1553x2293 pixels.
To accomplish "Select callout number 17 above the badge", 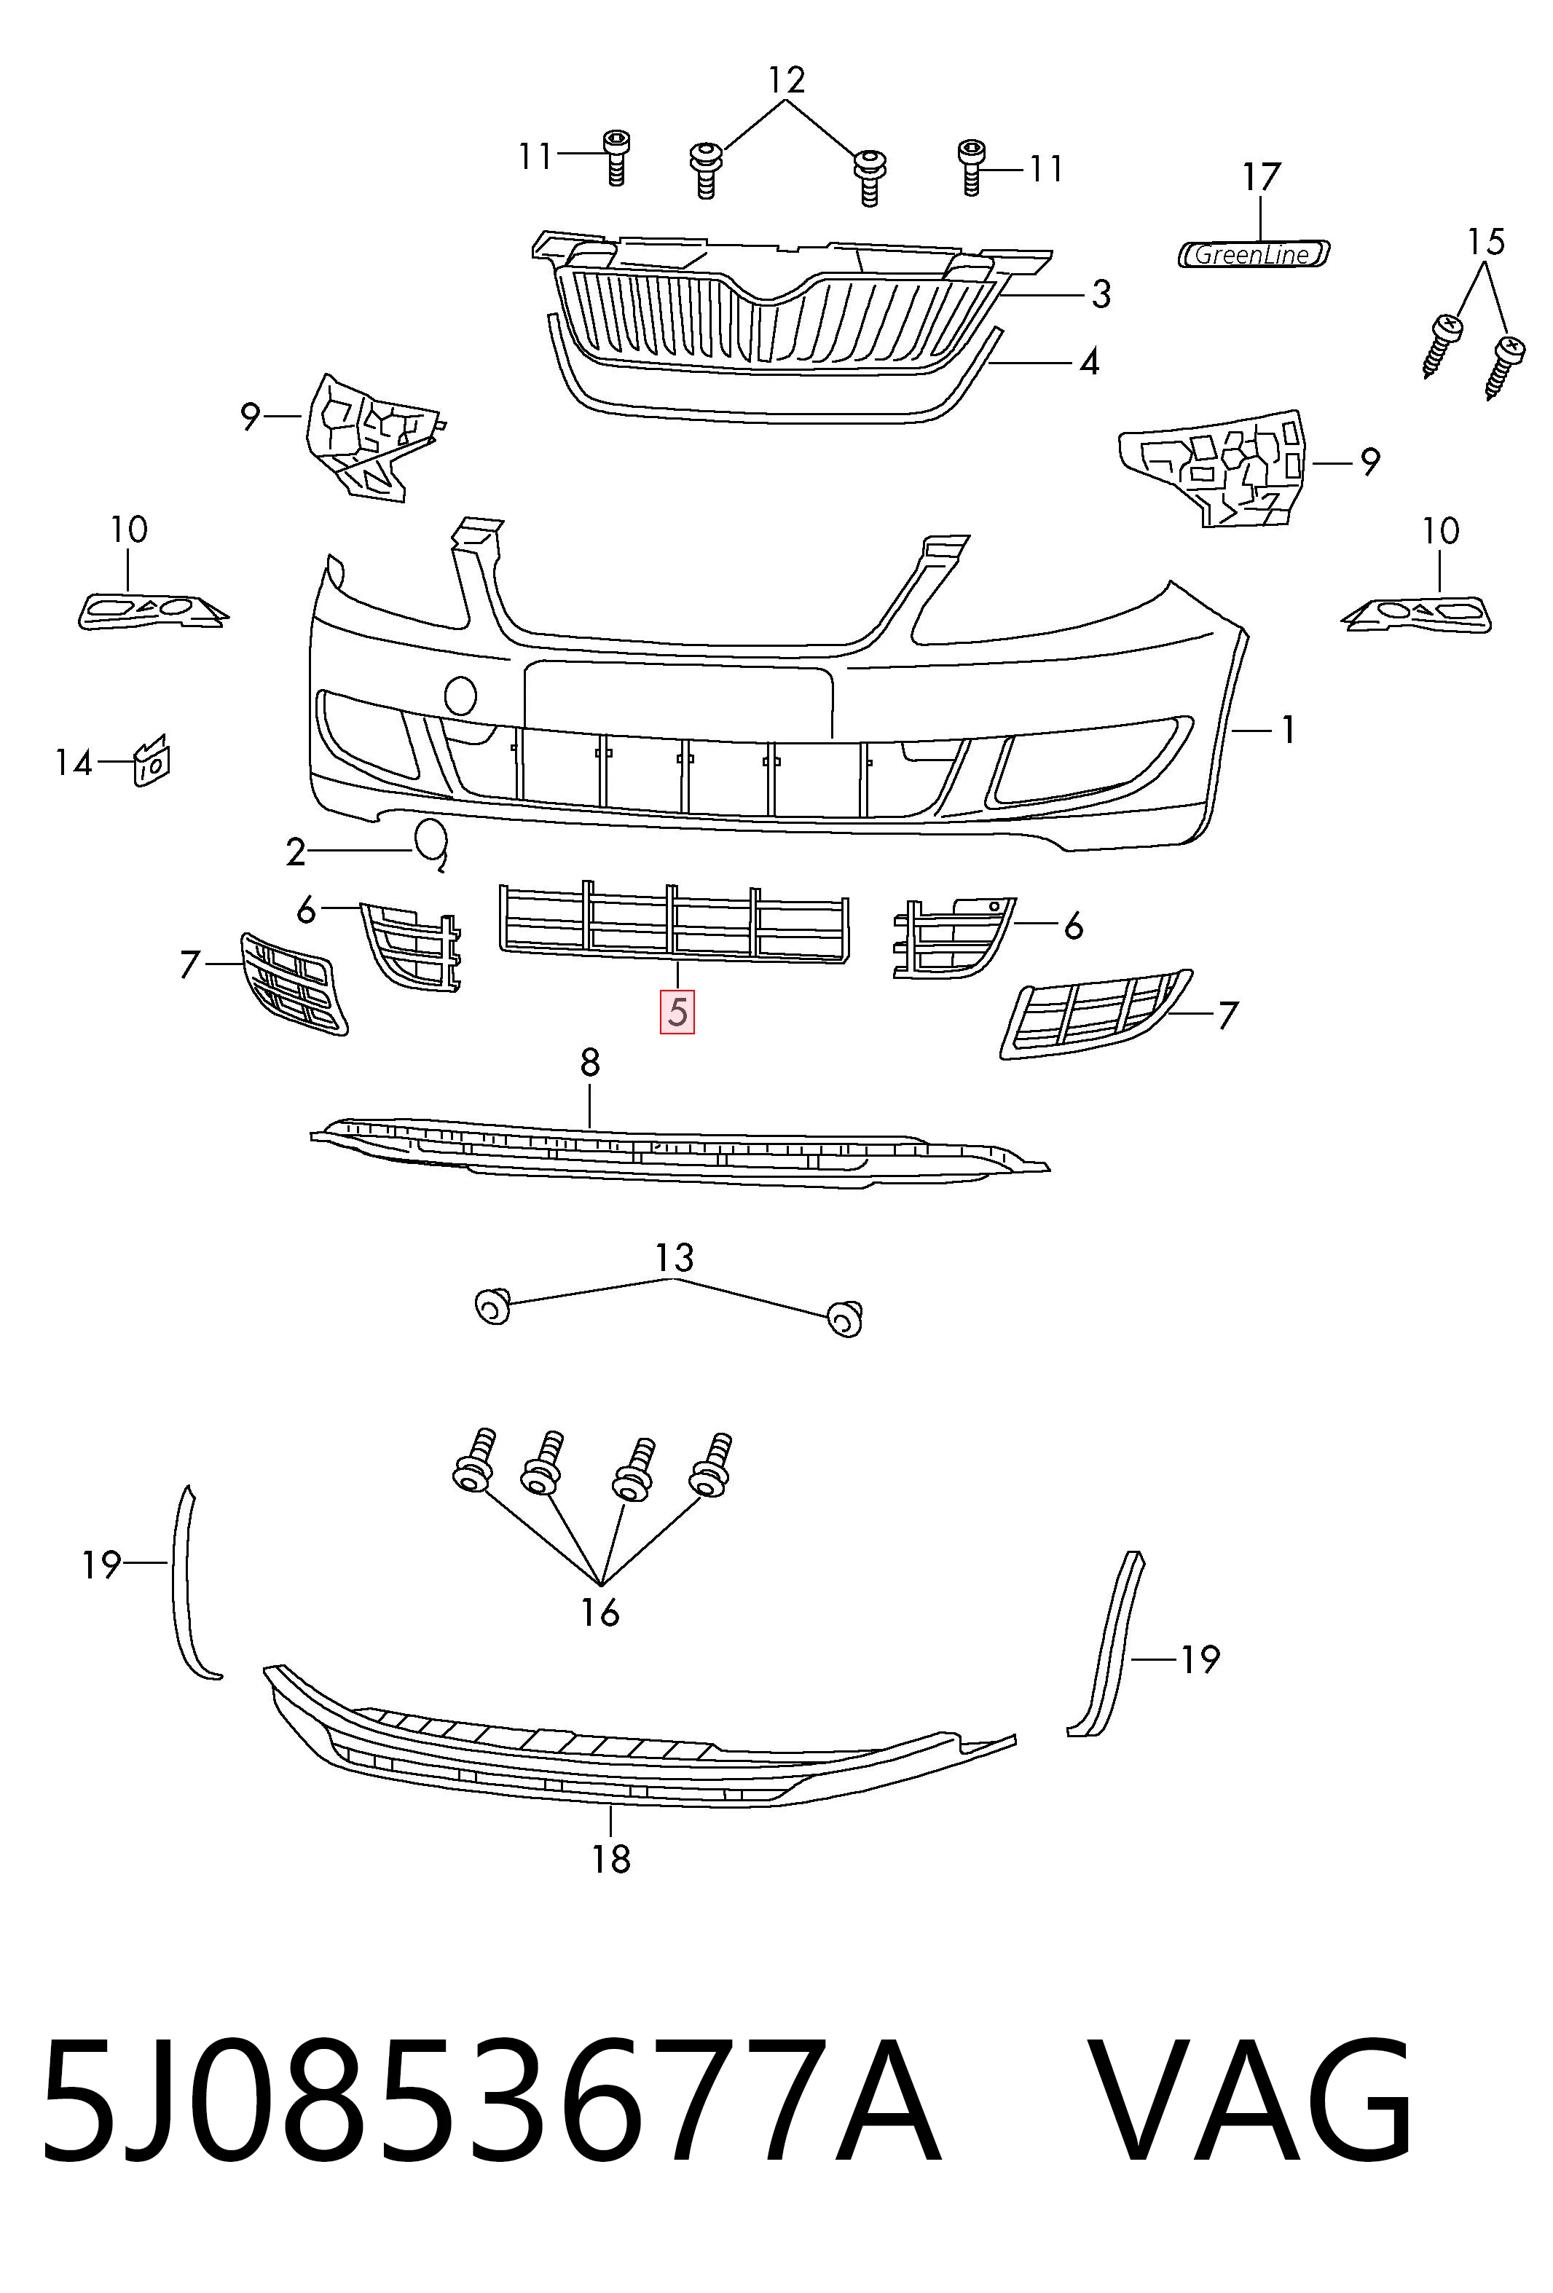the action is coord(1261,178).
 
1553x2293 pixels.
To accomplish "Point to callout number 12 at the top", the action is coord(787,80).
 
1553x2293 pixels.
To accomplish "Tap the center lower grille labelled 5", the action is coord(674,923).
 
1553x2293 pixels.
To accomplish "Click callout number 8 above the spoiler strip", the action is coord(589,1063).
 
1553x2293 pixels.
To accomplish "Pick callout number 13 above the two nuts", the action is coord(675,1258).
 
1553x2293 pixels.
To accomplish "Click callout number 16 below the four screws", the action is coord(600,1613).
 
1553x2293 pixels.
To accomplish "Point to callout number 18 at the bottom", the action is coord(610,1860).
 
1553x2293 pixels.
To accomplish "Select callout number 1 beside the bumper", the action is coord(1288,730).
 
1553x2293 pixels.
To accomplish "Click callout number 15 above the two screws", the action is coord(1486,242).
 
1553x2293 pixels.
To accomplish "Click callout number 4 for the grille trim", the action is coord(1088,362).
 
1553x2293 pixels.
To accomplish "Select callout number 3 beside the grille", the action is coord(1101,294).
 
